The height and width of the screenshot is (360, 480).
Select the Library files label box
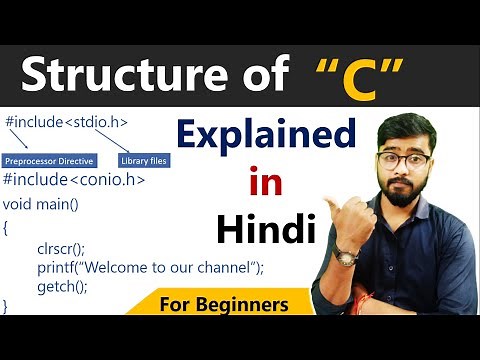(x=144, y=160)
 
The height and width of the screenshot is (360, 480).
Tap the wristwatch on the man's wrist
(x=346, y=257)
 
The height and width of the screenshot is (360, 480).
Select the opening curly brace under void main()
(x=8, y=227)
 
